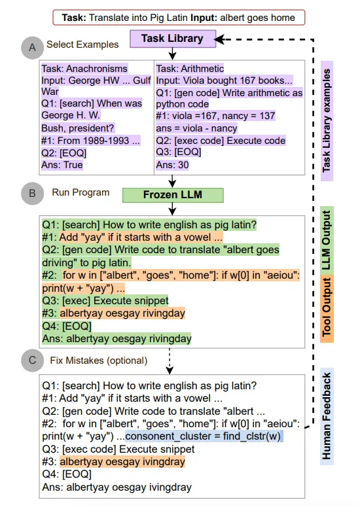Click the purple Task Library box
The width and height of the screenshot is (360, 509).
tap(173, 39)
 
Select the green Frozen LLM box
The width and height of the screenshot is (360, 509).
tap(173, 195)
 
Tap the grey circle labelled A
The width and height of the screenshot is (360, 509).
tap(33, 48)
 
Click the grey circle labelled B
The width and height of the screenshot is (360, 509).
tap(33, 194)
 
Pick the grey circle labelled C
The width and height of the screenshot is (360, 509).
tap(33, 360)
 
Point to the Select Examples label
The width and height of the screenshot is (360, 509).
tap(82, 44)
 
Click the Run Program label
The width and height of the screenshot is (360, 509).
tap(81, 192)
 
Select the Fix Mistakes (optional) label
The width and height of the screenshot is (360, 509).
tap(98, 360)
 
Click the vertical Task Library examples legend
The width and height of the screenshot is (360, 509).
tap(327, 120)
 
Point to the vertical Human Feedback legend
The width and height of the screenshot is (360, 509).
tap(327, 416)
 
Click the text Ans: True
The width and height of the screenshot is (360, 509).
tap(62, 165)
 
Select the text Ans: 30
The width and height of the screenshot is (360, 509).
tap(172, 165)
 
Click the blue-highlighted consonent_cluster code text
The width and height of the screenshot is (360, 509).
tap(204, 436)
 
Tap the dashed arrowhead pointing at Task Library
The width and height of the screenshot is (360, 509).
tap(219, 40)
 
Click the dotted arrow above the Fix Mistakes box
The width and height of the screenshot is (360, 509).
tap(170, 361)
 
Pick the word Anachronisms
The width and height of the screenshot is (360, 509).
tap(97, 69)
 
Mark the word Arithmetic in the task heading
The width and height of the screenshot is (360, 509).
tap(202, 69)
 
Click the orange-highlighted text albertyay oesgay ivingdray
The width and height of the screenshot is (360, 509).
tap(122, 462)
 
